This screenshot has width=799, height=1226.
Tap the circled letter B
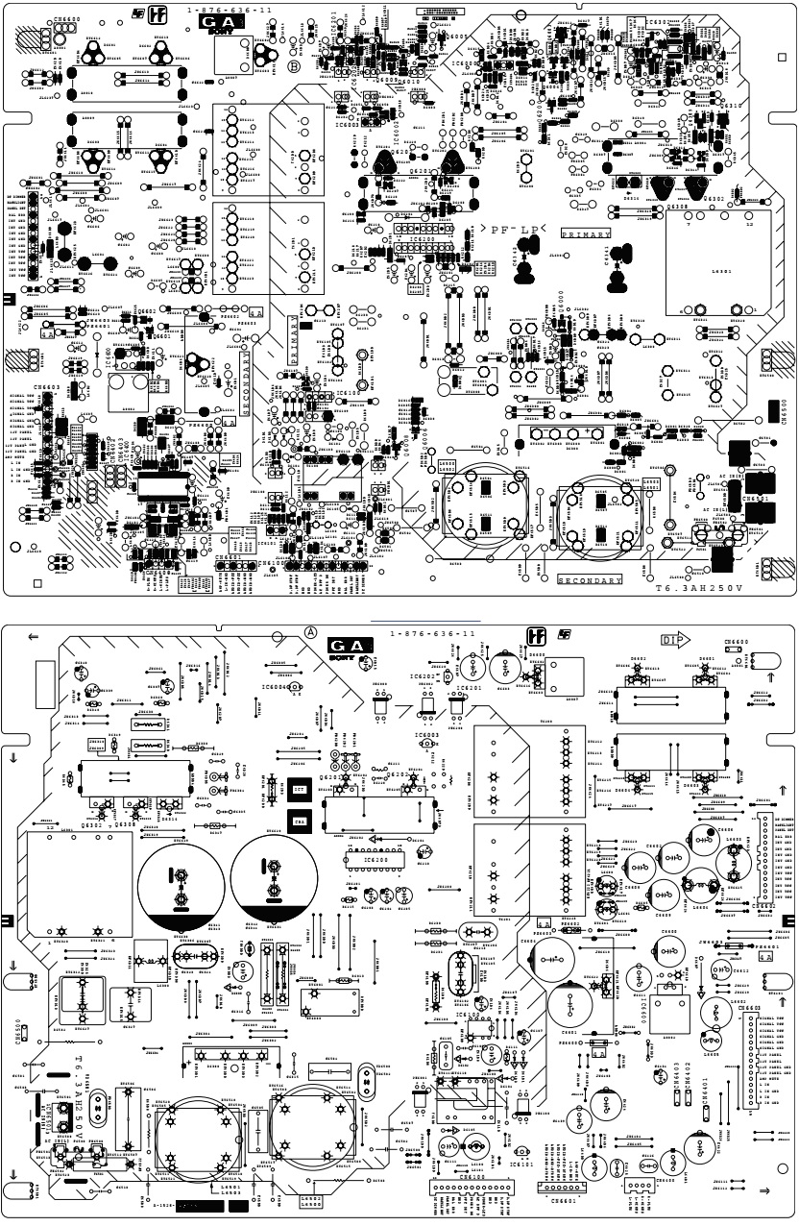click(293, 66)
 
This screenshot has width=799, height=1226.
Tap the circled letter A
click(311, 631)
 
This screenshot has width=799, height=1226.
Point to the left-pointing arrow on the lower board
click(34, 637)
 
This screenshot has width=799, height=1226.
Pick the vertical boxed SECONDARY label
click(246, 381)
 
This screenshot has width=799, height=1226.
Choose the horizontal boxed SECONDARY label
click(591, 580)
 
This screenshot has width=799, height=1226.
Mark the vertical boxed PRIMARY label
click(294, 337)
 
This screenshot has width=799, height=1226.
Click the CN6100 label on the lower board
click(473, 1175)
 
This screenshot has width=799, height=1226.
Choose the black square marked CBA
click(299, 822)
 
